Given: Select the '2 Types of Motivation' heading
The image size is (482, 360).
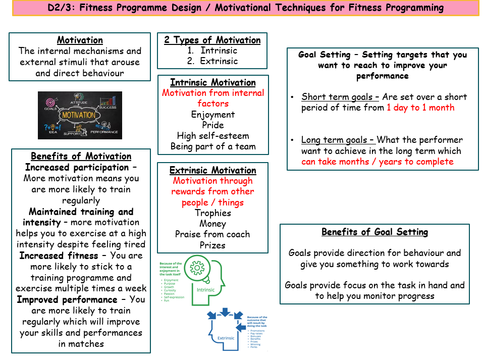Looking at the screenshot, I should pos(212,40).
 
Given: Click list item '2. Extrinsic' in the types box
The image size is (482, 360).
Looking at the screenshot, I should pos(212,61).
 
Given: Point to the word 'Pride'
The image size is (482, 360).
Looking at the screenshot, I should pos(212,125).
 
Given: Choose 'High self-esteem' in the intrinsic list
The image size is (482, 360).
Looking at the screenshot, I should pos(212,136).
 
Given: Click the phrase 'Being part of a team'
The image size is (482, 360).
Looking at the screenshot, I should pos(212,146).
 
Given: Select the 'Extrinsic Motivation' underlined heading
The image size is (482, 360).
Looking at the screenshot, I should pos(212,170).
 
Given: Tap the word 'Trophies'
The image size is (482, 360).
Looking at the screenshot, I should pos(212,213).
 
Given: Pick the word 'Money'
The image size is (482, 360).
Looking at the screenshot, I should pos(212,224).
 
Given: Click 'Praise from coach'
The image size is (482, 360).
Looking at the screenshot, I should pos(212,234).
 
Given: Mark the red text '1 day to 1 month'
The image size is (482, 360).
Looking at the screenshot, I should pos(420,108).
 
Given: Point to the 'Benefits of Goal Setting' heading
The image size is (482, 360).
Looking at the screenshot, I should pos(374,232).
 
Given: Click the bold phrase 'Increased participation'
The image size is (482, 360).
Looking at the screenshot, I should pos(77,167).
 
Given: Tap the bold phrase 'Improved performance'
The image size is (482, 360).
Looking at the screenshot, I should pos(66,299).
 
